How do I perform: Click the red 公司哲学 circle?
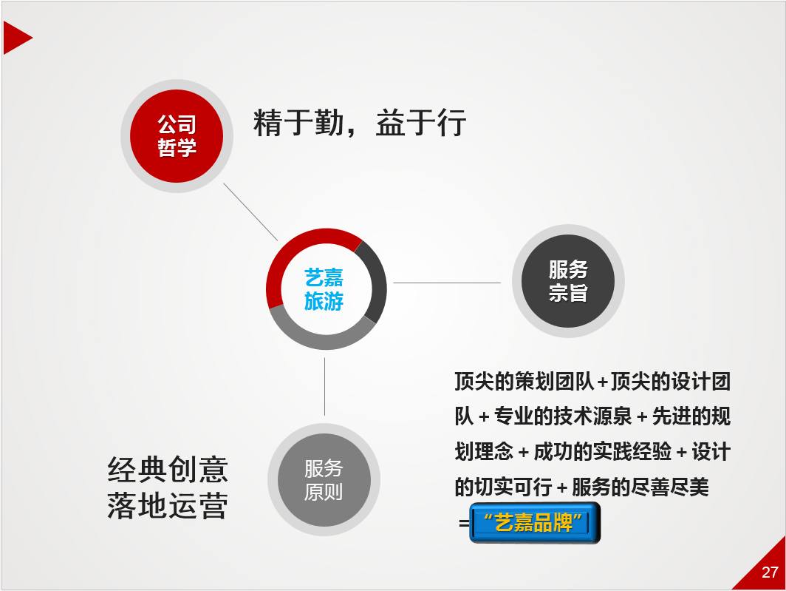point(177,136)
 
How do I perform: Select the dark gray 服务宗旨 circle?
point(568,281)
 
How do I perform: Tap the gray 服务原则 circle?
point(324,480)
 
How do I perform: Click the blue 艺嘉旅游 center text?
point(324,290)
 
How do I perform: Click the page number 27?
point(770,573)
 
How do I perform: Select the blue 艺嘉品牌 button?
point(535,523)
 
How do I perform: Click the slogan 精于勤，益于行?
point(360,123)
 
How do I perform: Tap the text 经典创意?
point(168,470)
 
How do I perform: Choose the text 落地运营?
point(168,506)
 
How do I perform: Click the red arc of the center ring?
point(301,243)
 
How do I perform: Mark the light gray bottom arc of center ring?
point(321,341)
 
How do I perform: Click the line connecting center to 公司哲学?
point(250,212)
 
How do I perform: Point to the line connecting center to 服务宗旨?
point(447,283)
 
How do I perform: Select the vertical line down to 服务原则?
point(324,387)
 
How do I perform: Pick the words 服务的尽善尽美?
point(640,487)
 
